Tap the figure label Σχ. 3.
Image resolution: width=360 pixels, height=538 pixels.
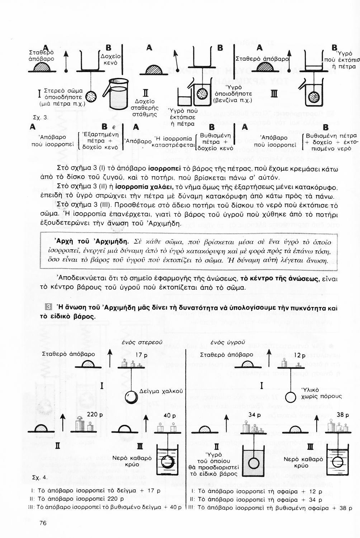coord(38,117)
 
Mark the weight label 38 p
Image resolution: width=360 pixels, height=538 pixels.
coord(343,415)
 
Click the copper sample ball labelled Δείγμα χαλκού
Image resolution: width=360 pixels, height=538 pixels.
coord(131,397)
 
